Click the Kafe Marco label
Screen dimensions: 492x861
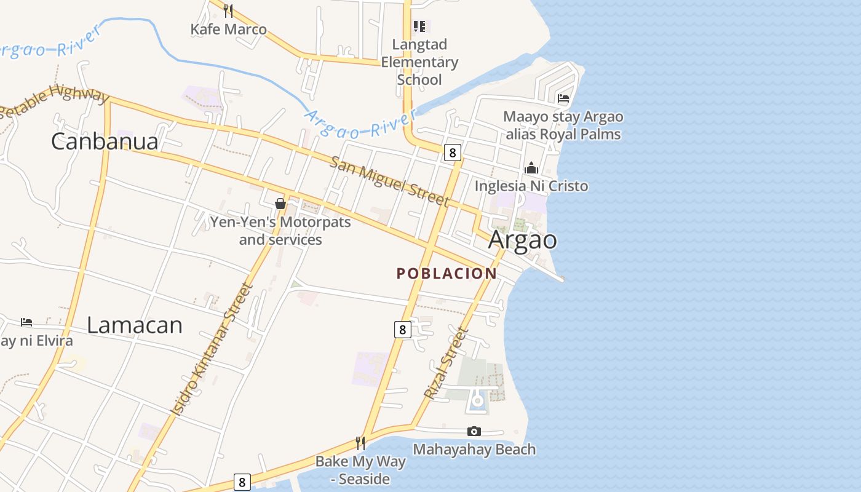click(228, 29)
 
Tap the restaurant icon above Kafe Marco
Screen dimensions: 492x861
click(228, 10)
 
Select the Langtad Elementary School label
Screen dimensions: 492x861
click(419, 62)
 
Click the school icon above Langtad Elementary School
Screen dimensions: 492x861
click(419, 26)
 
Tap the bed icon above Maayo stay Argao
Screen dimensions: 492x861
click(563, 98)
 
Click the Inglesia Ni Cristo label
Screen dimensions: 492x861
click(531, 186)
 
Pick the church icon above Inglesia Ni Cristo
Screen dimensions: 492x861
click(531, 168)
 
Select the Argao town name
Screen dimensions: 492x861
click(523, 240)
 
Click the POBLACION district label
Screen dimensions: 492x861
click(446, 274)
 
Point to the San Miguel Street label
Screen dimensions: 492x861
click(390, 181)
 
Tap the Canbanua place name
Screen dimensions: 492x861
click(105, 141)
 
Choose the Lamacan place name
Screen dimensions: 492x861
click(135, 325)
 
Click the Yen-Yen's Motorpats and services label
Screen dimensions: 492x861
click(280, 231)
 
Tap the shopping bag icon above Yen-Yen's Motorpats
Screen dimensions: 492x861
click(280, 204)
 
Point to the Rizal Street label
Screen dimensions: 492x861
click(446, 363)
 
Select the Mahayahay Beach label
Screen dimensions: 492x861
click(474, 450)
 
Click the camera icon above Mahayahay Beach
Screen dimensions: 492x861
click(474, 432)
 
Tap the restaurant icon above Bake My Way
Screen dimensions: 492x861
click(360, 443)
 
